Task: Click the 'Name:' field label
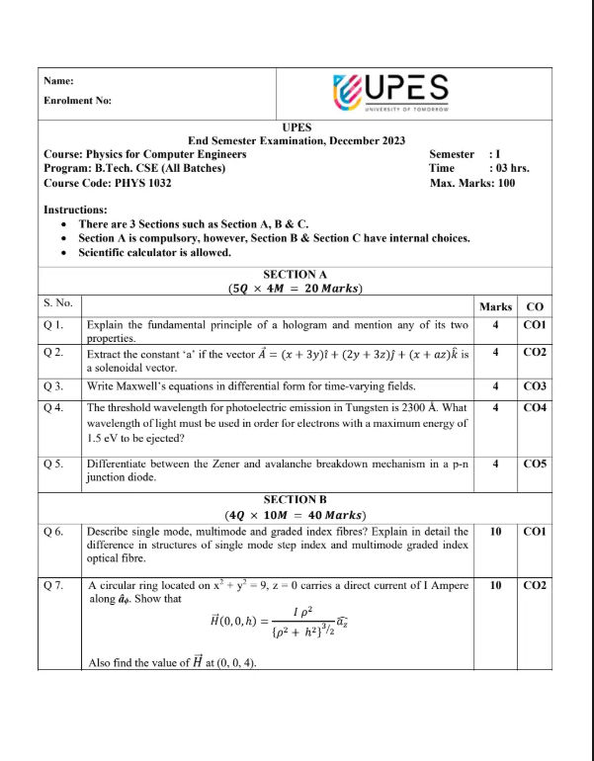pos(59,81)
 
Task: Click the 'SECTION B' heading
pos(296,500)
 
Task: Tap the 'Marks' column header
pos(495,306)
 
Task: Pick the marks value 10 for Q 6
pos(495,532)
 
